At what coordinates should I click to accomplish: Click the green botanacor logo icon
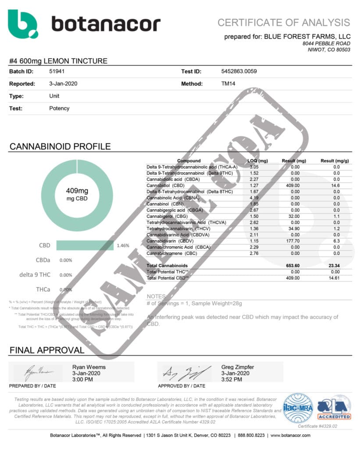[23, 24]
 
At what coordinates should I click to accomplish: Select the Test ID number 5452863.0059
[239, 71]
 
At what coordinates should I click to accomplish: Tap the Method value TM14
[229, 83]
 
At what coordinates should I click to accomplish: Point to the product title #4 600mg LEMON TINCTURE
[58, 61]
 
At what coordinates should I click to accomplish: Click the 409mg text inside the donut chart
[77, 191]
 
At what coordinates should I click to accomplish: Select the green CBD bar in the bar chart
[85, 246]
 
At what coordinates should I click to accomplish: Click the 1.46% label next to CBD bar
[123, 246]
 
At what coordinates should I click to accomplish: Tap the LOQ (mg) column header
[258, 161]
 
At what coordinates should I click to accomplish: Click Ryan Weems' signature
[39, 372]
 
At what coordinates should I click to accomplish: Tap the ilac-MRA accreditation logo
[298, 408]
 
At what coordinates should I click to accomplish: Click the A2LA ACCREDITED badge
[334, 408]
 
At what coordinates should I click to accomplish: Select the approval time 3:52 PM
[232, 379]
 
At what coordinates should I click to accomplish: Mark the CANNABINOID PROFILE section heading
[60, 146]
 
